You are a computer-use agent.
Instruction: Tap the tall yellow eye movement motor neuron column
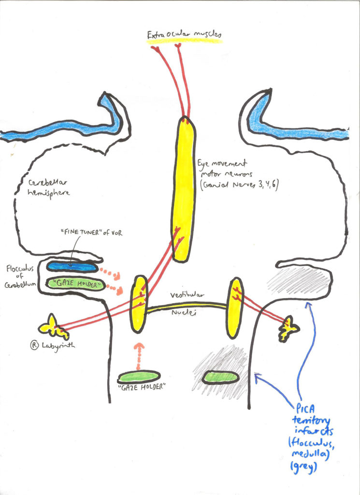coord(184,189)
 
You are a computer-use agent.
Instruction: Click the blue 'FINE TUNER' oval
coord(71,266)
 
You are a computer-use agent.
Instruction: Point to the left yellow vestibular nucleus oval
coord(139,304)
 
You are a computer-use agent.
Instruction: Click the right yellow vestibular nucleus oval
coord(235,307)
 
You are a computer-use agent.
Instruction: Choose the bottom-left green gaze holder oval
coord(139,378)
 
